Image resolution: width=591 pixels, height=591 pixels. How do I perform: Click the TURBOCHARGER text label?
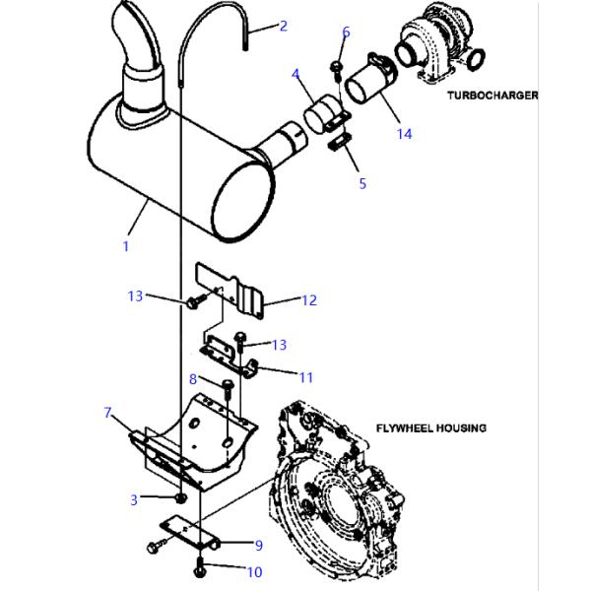pos(492,96)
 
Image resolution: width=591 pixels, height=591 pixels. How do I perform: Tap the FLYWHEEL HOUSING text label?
pos(431,428)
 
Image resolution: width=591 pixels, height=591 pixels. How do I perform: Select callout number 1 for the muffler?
pos(126,246)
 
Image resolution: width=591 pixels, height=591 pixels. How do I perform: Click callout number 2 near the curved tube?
pos(284,26)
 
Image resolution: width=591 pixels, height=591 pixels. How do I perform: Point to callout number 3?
pos(134,499)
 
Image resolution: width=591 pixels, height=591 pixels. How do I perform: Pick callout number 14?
pos(405,134)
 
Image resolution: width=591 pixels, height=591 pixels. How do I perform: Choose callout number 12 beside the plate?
pos(309,300)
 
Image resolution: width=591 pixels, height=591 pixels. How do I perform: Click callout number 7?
pos(107,413)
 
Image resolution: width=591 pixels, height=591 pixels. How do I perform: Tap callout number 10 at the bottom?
pos(255,572)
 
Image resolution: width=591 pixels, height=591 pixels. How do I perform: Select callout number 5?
pos(362,183)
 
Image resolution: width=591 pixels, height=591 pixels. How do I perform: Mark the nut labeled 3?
pos(181,497)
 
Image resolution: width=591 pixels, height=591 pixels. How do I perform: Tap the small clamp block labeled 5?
pos(340,141)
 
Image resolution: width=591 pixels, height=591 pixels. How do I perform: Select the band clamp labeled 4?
pos(326,115)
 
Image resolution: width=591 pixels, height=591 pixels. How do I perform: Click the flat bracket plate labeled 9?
pos(189,533)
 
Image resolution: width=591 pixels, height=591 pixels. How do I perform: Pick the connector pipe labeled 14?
pos(371,81)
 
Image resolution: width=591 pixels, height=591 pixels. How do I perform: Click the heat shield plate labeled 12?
pos(230,290)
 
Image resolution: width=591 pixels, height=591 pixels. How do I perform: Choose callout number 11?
pos(305,377)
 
